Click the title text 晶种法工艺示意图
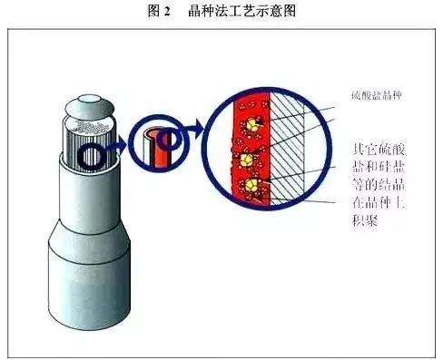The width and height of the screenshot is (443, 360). pos(244,11)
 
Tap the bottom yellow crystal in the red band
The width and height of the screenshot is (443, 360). pos(253,188)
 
